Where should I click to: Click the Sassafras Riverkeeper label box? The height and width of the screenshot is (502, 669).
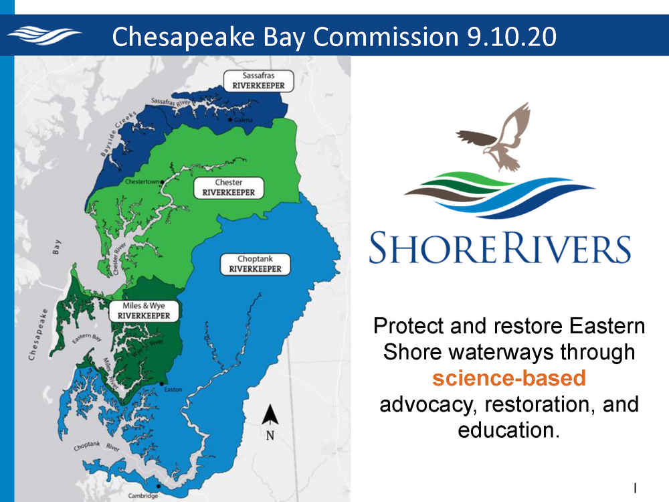click(258, 81)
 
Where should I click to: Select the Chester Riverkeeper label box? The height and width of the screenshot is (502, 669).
click(229, 188)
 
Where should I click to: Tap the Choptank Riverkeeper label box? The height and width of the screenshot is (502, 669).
click(255, 264)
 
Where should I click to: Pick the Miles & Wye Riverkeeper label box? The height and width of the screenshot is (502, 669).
click(144, 311)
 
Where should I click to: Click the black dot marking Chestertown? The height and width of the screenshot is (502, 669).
click(162, 182)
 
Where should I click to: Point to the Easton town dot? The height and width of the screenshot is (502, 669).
click(162, 384)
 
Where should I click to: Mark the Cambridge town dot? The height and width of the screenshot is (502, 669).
click(159, 486)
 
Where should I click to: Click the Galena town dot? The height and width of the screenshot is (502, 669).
click(230, 120)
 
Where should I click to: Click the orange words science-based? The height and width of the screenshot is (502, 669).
click(509, 378)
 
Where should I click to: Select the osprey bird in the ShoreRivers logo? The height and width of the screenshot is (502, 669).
click(495, 137)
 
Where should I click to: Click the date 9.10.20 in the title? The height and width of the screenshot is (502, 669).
click(511, 36)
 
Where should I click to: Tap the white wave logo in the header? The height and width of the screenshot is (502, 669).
click(44, 35)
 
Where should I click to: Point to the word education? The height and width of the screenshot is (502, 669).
click(508, 430)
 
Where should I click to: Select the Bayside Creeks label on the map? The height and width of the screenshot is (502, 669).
click(118, 134)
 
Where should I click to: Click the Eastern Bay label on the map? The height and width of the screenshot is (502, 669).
click(86, 338)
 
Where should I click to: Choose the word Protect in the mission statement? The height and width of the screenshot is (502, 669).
click(409, 326)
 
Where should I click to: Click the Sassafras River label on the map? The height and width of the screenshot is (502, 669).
click(170, 102)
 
